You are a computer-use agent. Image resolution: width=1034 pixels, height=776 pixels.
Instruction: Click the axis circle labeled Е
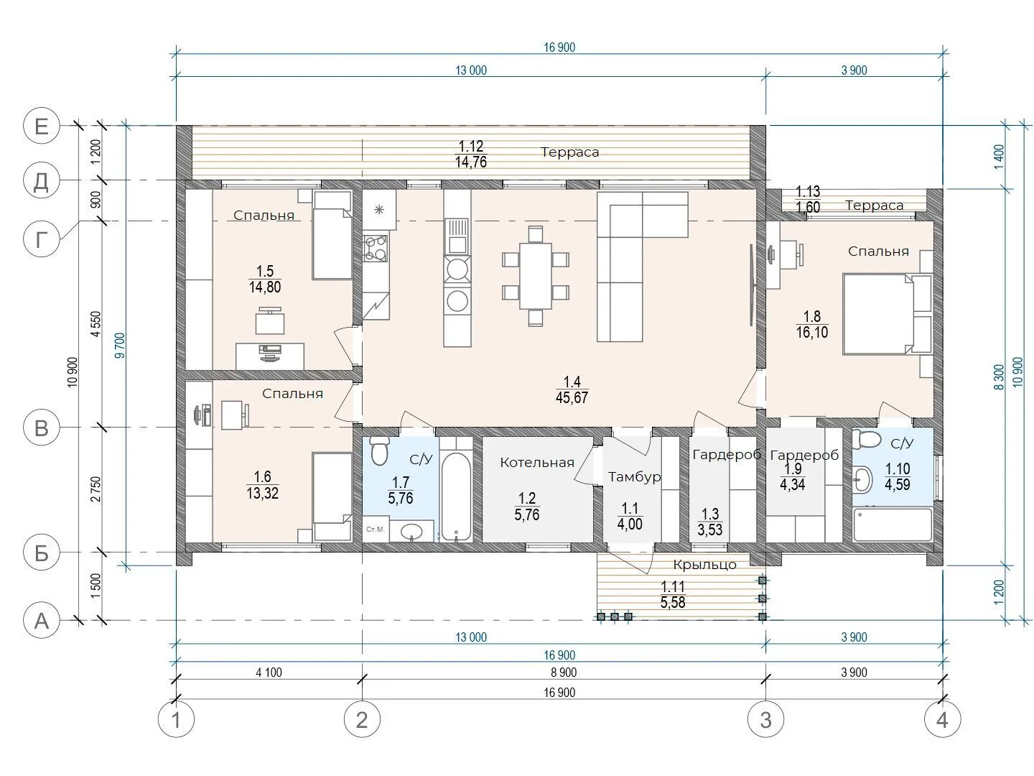coord(42,126)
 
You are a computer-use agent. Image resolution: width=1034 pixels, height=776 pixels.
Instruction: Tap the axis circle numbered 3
coord(765,719)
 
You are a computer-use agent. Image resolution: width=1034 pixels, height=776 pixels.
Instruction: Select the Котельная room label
coord(537,463)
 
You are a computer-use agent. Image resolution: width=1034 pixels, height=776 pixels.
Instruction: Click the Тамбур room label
coord(634,477)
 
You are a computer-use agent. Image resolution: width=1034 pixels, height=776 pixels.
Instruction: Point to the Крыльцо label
coord(704,565)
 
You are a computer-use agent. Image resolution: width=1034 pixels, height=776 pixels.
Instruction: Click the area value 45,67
coord(572,397)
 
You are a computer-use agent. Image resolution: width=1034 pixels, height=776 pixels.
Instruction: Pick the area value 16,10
coord(811,333)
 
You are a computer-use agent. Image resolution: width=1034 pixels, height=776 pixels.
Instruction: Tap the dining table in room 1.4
coord(535,276)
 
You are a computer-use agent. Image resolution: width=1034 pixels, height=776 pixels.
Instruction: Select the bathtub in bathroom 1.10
coord(893,525)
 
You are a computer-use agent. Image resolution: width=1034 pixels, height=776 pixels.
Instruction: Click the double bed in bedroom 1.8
coord(888,313)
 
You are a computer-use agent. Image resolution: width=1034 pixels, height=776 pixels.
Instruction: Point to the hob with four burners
coord(376,249)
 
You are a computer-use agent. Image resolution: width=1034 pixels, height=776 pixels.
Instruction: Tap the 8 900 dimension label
coord(564,673)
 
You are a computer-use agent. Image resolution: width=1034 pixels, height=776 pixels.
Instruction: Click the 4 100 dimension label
coord(269,673)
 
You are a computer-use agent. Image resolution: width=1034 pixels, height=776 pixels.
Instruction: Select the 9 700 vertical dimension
coord(121,346)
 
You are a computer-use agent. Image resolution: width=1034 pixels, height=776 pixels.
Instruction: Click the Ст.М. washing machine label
coord(376,530)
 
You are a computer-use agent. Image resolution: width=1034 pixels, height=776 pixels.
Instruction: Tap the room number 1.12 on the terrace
coord(471,146)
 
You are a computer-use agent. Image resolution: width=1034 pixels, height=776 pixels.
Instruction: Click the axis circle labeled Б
coord(42,553)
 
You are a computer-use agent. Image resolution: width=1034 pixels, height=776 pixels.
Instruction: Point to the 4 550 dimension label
coord(96,323)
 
